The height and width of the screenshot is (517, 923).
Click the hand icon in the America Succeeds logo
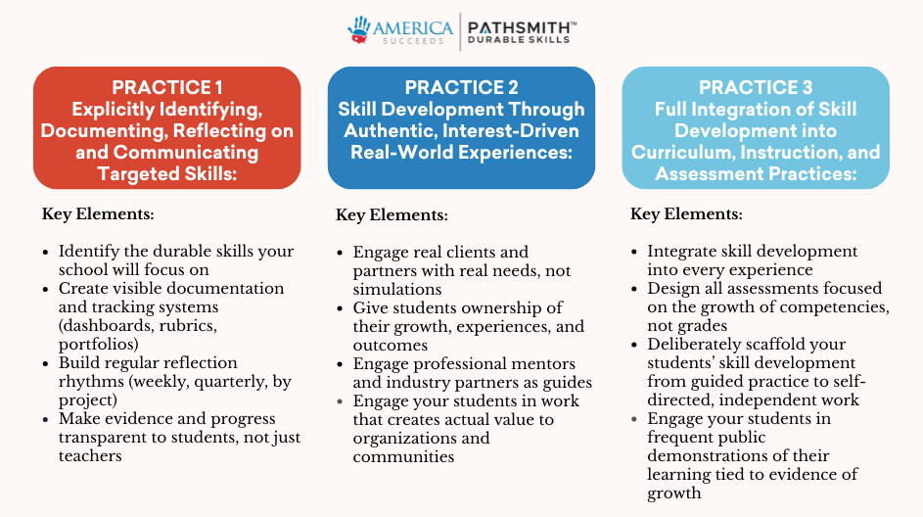[x=358, y=30]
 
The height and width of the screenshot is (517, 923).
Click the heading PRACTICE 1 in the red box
[x=167, y=87]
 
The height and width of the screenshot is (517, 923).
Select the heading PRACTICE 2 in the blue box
[x=462, y=87]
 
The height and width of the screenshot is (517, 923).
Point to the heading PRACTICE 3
[x=756, y=87]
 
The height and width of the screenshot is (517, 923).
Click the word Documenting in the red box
[x=101, y=131]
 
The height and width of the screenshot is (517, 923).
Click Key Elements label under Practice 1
[x=98, y=213]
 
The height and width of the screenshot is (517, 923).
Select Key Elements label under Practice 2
[x=392, y=214]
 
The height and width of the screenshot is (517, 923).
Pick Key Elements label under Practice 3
[x=686, y=213]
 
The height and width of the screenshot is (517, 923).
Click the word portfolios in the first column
[x=97, y=345]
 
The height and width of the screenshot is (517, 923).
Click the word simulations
[x=397, y=289]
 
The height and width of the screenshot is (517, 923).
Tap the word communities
[x=404, y=456]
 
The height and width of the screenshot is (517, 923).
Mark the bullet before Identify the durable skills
[x=45, y=252]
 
